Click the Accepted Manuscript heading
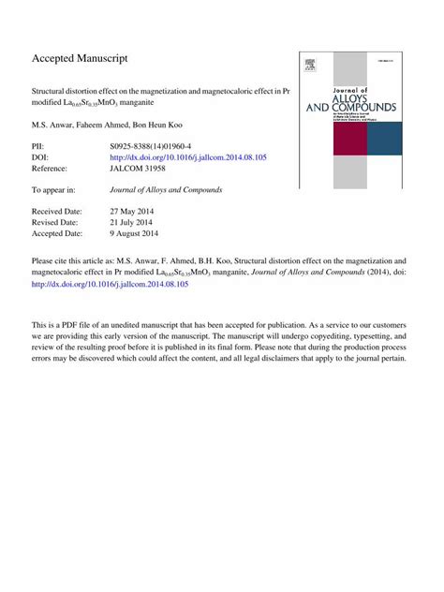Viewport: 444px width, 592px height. [x=80, y=58]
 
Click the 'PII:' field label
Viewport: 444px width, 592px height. [x=39, y=147]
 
